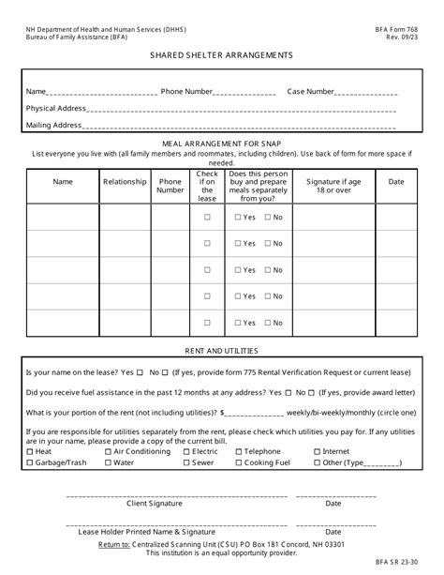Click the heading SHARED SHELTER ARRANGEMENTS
click(x=221, y=55)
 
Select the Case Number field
click(x=366, y=92)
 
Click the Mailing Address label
click(x=53, y=125)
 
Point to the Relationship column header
click(x=125, y=182)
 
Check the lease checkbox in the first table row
click(x=207, y=218)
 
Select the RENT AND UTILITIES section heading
click(x=221, y=351)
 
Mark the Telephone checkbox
click(x=239, y=451)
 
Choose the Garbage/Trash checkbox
click(x=30, y=462)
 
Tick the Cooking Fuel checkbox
click(x=239, y=462)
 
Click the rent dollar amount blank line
click(x=255, y=413)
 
